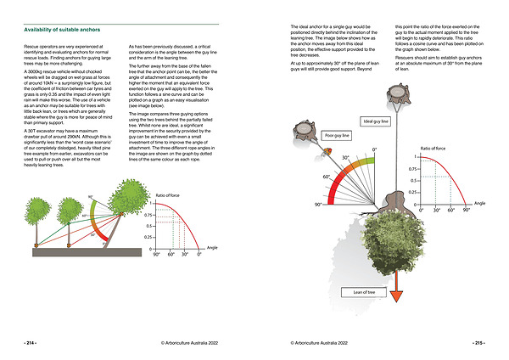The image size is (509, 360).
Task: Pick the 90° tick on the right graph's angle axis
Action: pyautogui.click(x=465, y=209)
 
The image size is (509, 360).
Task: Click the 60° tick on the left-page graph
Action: pyautogui.click(x=172, y=254)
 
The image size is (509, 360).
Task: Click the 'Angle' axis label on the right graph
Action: pyautogui.click(x=479, y=204)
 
